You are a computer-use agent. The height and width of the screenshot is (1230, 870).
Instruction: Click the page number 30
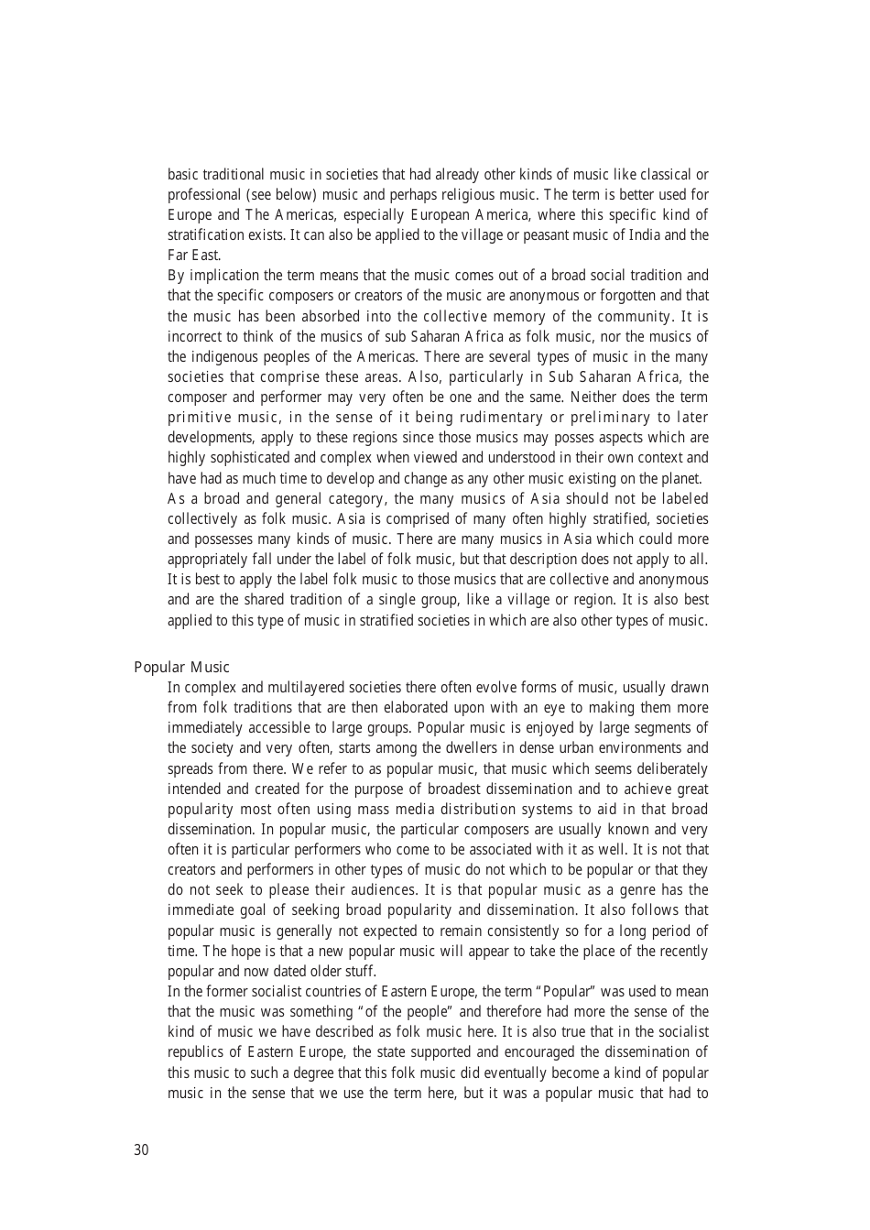141,1150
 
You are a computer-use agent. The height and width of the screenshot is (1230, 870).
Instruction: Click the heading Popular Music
181,668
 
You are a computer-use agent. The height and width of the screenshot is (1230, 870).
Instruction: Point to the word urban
575,748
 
